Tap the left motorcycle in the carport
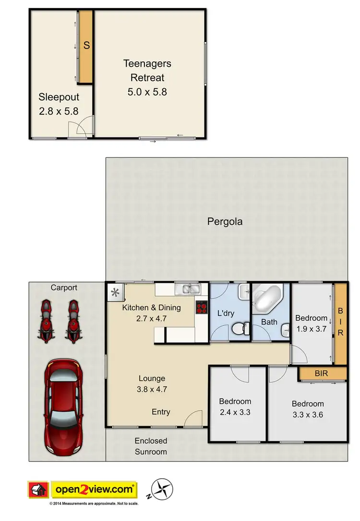46,321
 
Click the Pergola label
225,222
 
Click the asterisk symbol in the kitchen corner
115,291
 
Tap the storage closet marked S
86,46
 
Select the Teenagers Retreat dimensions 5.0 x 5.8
147,92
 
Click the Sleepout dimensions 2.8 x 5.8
59,111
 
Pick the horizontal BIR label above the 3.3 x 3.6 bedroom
322,373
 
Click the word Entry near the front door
160,412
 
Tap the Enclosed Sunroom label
151,446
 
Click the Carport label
64,288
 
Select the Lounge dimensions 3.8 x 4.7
152,389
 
